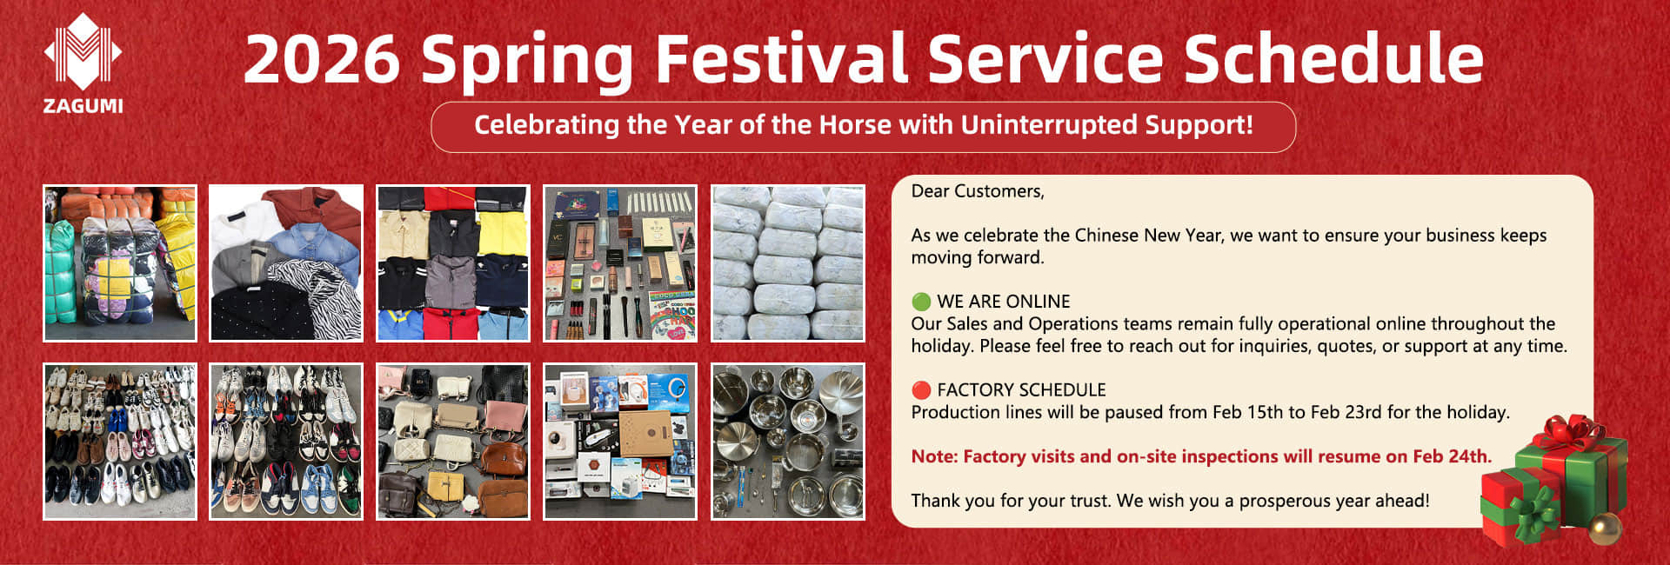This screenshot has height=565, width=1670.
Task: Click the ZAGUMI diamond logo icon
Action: [83, 51]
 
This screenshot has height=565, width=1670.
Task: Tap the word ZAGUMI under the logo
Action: [83, 106]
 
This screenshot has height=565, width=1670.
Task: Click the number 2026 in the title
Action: [322, 58]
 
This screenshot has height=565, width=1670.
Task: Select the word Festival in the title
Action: [780, 58]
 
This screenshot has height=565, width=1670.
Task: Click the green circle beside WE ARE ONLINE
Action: [921, 302]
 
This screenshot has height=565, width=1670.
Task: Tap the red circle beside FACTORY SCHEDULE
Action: [921, 390]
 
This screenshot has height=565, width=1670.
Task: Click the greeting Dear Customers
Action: [978, 191]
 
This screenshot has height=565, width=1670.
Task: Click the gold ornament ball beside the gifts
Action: [1605, 528]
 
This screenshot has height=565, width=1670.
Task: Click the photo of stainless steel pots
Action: [788, 442]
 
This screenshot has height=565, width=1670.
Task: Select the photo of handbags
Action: [453, 442]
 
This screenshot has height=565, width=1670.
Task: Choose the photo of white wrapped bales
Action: [788, 263]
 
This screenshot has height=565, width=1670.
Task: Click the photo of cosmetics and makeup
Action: [620, 263]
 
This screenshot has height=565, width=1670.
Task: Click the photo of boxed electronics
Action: [620, 442]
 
